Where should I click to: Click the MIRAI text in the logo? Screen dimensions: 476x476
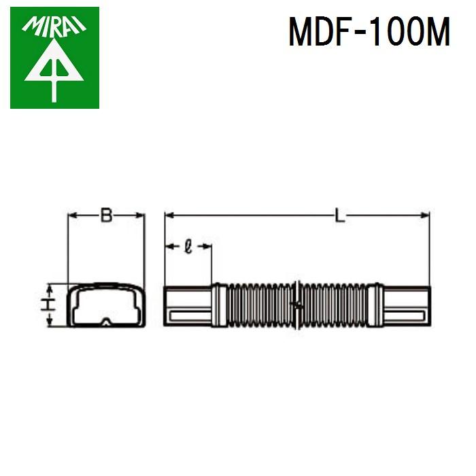click(x=54, y=27)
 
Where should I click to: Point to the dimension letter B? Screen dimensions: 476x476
click(x=106, y=216)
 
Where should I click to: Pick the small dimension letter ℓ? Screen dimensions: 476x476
click(x=188, y=246)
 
